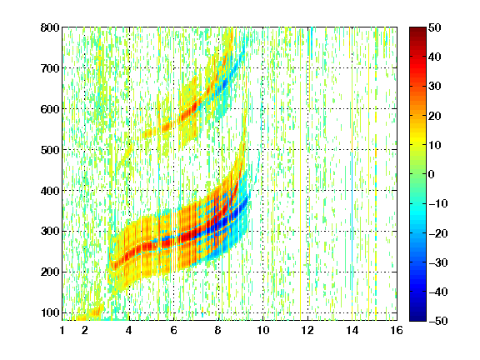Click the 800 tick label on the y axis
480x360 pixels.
coord(50,27)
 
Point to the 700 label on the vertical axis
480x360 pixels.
coord(50,68)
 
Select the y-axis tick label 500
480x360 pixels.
coord(50,150)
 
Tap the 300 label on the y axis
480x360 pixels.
coord(50,232)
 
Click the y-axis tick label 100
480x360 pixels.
coord(51,312)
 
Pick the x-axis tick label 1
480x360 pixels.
coord(62,330)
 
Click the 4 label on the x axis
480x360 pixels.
coord(129,330)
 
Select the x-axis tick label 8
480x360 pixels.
coord(218,330)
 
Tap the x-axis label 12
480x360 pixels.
coord(307,330)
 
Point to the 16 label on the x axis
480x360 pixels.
coord(397,330)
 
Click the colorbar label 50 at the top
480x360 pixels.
coord(435,27)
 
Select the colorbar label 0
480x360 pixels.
coord(432,174)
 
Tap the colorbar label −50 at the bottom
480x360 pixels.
coord(438,321)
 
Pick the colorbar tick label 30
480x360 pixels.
coord(435,87)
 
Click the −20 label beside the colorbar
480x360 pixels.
coord(438,233)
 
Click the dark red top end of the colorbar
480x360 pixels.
coord(417,29)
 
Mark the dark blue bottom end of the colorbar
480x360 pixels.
coord(417,318)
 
